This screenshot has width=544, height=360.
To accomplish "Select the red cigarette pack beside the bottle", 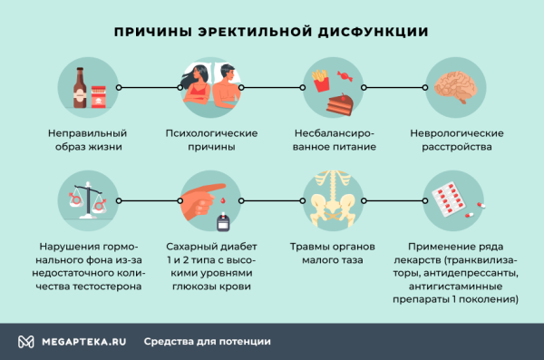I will click(x=98, y=93).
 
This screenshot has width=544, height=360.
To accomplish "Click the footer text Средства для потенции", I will click(x=207, y=342).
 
